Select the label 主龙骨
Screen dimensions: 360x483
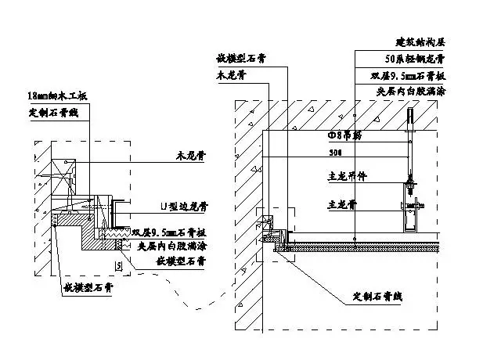point(341,204)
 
